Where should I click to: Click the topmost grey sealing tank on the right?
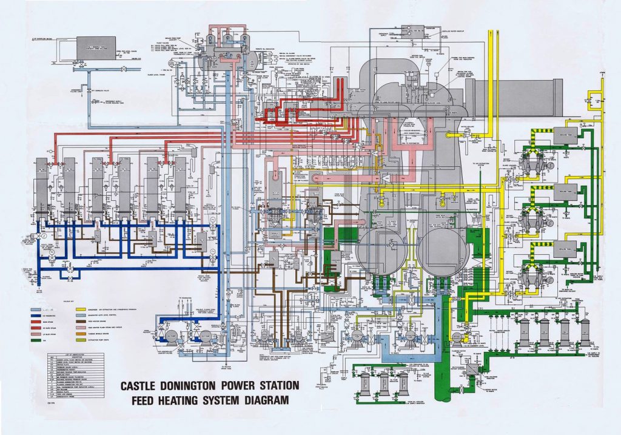coord(564,133)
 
